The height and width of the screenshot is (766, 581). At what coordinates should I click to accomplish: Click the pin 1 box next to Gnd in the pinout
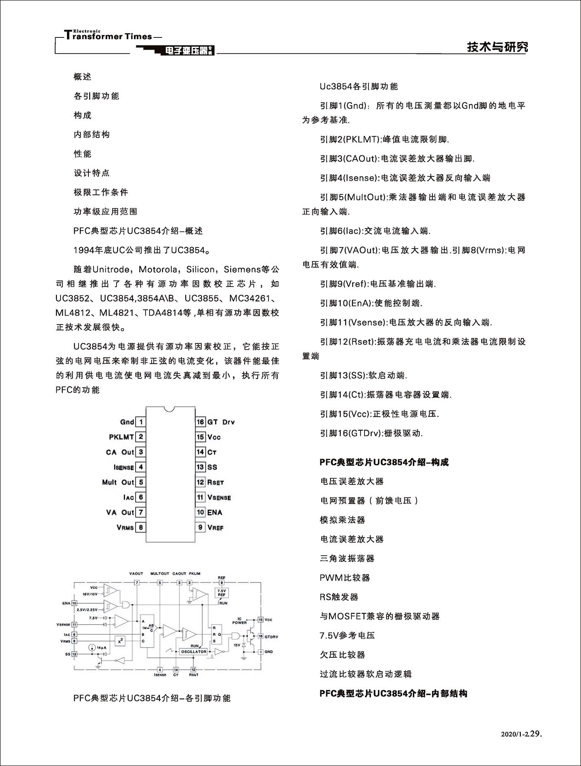click(x=141, y=422)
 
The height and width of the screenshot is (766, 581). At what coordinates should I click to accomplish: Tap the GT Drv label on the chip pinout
click(x=221, y=422)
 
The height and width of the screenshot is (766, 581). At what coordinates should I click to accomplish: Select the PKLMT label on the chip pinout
click(x=121, y=437)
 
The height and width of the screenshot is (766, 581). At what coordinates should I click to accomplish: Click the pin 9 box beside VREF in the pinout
click(x=200, y=527)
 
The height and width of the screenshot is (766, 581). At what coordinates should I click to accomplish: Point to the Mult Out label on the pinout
click(x=117, y=482)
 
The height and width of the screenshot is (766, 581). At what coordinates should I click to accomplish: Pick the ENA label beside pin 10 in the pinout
click(x=215, y=512)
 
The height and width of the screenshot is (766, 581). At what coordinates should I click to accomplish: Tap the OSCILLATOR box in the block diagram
click(x=194, y=652)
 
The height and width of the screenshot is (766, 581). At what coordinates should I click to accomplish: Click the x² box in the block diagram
click(x=120, y=641)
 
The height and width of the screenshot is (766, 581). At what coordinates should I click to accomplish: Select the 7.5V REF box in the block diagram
click(x=221, y=593)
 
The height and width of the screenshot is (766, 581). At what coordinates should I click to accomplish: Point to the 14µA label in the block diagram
click(x=101, y=648)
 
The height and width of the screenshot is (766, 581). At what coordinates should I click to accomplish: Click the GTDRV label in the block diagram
click(x=271, y=636)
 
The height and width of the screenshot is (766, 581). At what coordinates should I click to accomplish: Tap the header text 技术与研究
click(x=497, y=47)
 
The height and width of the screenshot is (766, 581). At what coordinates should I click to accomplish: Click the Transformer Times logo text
click(x=112, y=36)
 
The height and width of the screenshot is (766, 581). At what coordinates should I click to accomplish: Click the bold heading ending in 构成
click(x=384, y=462)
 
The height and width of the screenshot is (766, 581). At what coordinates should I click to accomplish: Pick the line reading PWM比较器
click(x=345, y=578)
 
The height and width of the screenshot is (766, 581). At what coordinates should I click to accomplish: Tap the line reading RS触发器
click(x=339, y=597)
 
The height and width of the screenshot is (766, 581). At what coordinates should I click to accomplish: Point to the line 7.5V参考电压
click(x=347, y=636)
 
